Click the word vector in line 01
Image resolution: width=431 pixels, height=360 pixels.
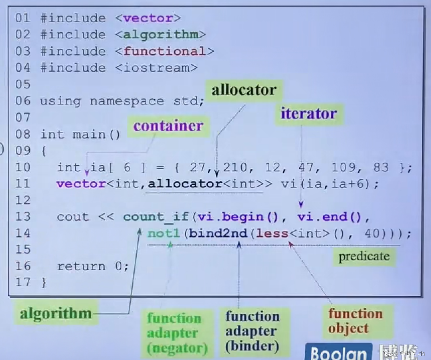pyautogui.click(x=149, y=18)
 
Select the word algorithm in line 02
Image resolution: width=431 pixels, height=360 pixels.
pyautogui.click(x=161, y=35)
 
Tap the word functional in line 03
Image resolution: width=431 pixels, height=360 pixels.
pyautogui.click(x=165, y=51)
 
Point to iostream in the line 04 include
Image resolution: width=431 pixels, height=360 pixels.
pyautogui.click(x=156, y=68)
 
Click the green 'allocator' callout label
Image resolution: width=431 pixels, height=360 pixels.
pyautogui.click(x=244, y=90)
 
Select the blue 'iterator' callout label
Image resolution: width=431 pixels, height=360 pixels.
pyautogui.click(x=309, y=113)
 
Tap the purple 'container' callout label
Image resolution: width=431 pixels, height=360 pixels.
pyautogui.click(x=168, y=126)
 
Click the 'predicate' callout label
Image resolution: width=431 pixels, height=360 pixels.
pyautogui.click(x=364, y=256)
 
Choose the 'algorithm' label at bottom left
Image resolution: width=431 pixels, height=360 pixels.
pyautogui.click(x=56, y=313)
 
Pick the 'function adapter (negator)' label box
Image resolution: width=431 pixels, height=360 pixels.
pyautogui.click(x=177, y=333)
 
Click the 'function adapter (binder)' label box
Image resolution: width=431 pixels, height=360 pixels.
pyautogui.click(x=252, y=331)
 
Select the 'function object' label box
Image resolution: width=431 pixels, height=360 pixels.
pyautogui.click(x=355, y=321)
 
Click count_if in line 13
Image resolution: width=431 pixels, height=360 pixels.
pyautogui.click(x=156, y=217)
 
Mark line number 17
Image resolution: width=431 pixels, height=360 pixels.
pyautogui.click(x=23, y=282)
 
